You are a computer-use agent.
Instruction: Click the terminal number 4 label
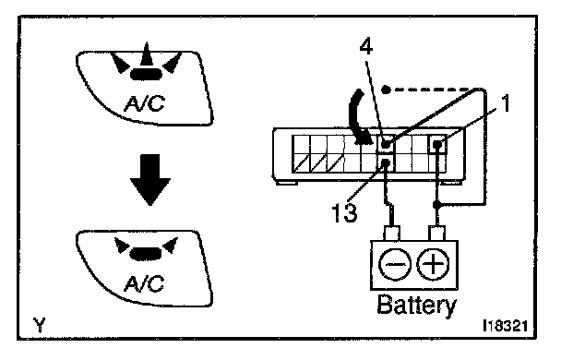tap(366, 47)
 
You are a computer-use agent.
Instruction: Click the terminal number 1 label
tap(505, 103)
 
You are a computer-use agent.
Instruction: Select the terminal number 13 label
tap(344, 212)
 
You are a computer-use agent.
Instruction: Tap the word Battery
tap(417, 305)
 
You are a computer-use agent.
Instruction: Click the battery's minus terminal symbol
tap(394, 264)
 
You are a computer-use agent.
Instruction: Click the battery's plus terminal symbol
tap(434, 264)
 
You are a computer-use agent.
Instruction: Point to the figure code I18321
tap(505, 327)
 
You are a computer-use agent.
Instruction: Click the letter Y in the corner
tap(40, 325)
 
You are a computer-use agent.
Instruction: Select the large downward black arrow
tap(150, 180)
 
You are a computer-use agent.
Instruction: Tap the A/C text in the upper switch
tap(144, 103)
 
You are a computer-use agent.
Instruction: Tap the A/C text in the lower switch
tap(144, 283)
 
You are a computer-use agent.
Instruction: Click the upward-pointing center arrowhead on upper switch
tap(146, 54)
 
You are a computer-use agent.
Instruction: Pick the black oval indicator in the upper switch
tap(147, 74)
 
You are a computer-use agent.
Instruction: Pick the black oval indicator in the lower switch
tap(147, 253)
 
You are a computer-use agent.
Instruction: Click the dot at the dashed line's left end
tap(386, 90)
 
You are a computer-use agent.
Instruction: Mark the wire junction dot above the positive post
tap(436, 205)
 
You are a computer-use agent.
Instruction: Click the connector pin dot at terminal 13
tap(386, 162)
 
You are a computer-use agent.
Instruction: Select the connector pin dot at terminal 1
tap(437, 145)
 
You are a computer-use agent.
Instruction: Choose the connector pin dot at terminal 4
tap(386, 144)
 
